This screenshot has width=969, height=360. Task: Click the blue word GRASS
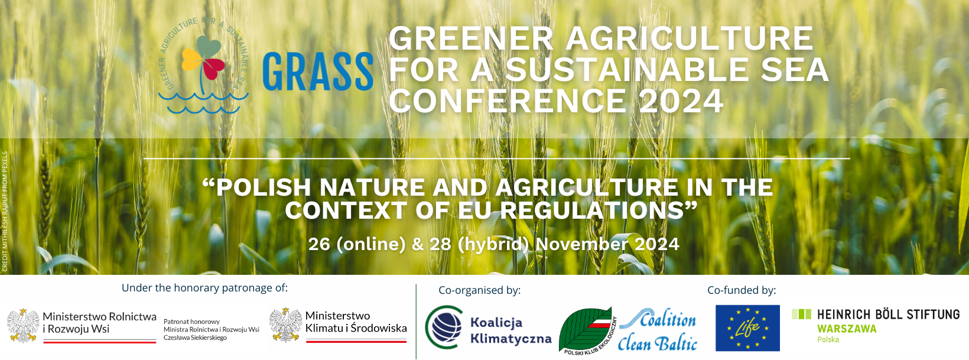(x=317, y=72)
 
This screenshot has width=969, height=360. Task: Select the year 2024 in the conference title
(x=681, y=101)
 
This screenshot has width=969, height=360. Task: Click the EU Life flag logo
(x=747, y=328)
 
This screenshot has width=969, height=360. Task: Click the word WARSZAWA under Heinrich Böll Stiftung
(x=847, y=329)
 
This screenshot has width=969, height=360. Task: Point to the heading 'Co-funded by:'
(x=742, y=290)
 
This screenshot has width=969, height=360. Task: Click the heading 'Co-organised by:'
(x=479, y=290)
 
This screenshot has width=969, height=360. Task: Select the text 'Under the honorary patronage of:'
(x=204, y=288)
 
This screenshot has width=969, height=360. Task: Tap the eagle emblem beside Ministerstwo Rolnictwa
(x=23, y=325)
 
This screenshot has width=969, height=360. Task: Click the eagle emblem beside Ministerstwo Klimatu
(x=286, y=325)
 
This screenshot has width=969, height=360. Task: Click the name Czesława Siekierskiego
(x=195, y=338)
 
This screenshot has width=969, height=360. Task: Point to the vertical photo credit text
(x=5, y=212)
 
